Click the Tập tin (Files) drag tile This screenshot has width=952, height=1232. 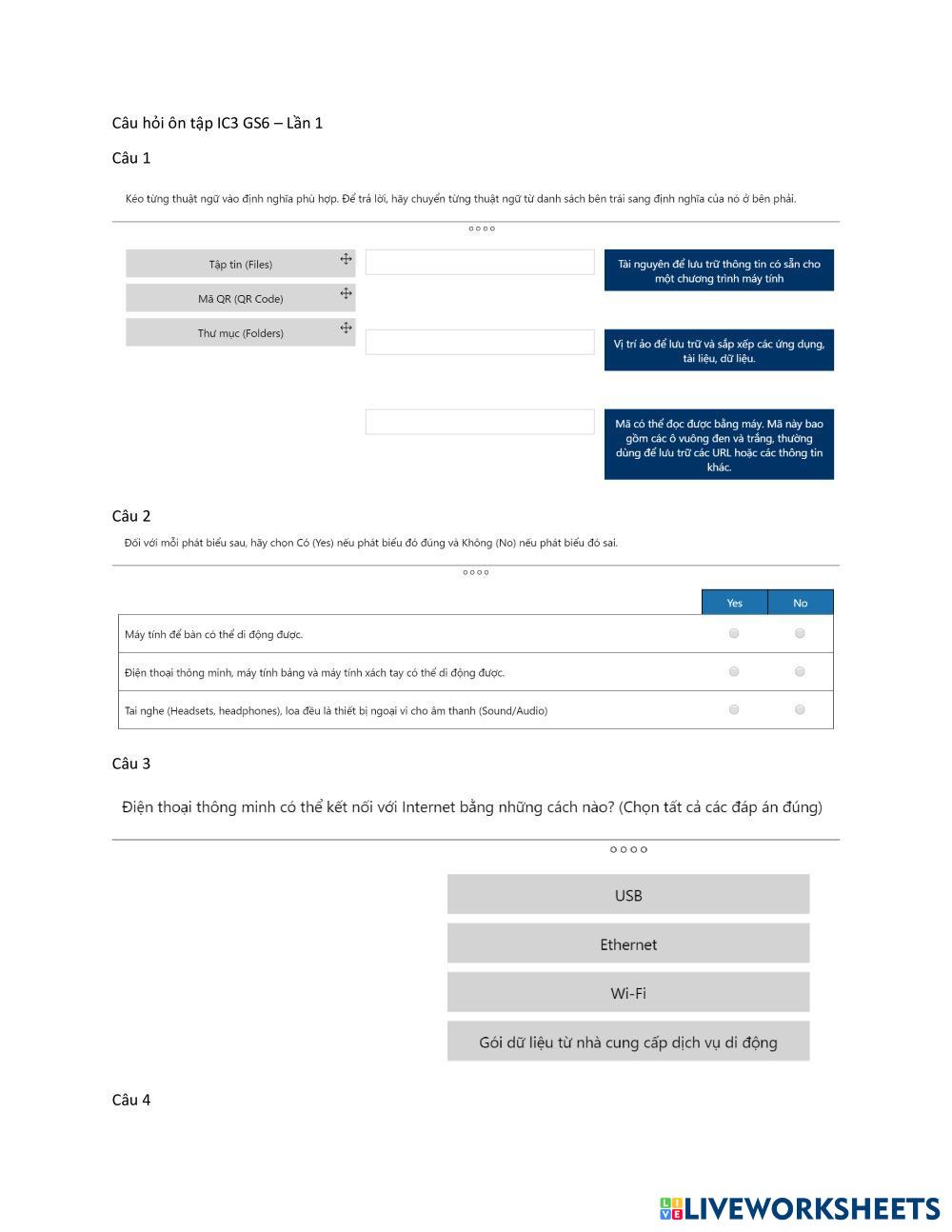coord(240,264)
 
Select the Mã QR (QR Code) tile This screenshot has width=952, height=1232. coord(240,298)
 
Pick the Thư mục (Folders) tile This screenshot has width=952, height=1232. coord(240,332)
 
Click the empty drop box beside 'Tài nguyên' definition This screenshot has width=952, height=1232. coord(480,262)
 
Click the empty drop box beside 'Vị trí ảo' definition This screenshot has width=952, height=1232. coord(480,342)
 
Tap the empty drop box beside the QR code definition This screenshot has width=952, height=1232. coord(480,422)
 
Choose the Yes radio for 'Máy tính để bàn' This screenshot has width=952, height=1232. coord(734,633)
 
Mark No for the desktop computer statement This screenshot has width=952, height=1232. coord(800,633)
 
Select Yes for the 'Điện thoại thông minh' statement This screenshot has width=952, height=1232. coord(734,671)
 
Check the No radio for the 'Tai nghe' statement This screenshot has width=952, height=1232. coord(800,709)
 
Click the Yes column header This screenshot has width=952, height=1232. coord(734,602)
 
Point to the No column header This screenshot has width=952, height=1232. coord(800,602)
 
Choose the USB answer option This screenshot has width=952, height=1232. coord(628,895)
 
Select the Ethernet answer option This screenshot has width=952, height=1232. coord(628,944)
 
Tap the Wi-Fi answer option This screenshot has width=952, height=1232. coord(628,993)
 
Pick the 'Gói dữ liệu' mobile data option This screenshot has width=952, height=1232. coord(628,1042)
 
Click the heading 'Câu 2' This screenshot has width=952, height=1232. coord(131,516)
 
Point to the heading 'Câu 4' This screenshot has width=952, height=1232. coord(131,1100)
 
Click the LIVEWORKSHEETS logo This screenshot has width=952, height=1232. coord(800,1208)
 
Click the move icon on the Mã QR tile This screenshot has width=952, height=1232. coord(346,293)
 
